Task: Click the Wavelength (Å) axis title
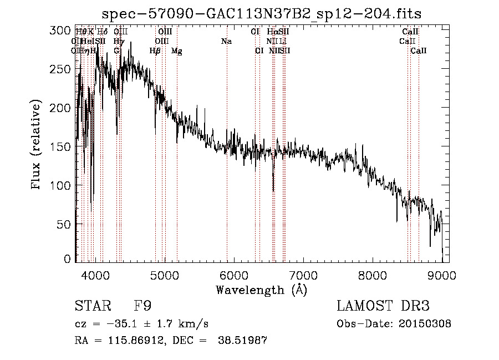[261, 290]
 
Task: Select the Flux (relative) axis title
[37, 145]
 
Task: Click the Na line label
[226, 42]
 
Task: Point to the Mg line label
[176, 51]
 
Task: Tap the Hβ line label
[155, 51]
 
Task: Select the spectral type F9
[142, 306]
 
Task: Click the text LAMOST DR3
[383, 306]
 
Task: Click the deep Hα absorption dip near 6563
[273, 190]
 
